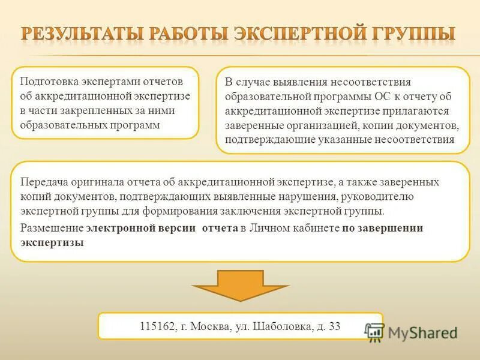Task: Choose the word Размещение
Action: tap(52, 228)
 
